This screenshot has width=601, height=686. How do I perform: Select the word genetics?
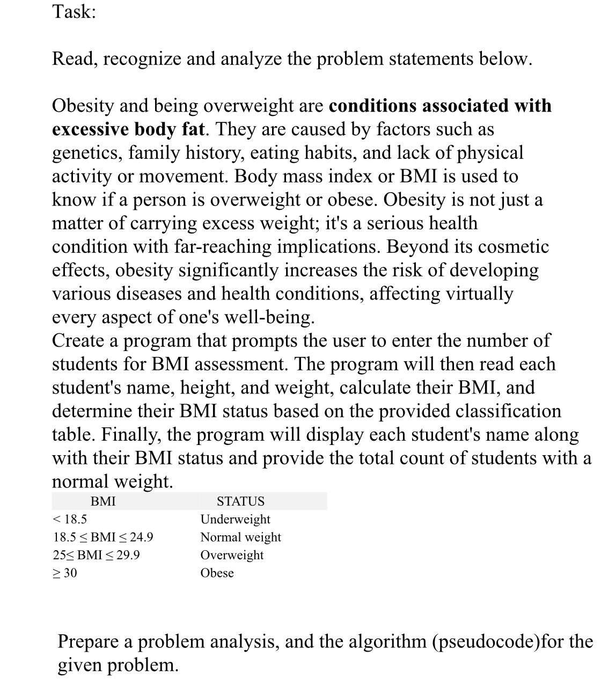pyautogui.click(x=86, y=153)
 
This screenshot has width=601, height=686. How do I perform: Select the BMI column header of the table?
pyautogui.click(x=103, y=501)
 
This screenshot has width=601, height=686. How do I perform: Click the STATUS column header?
pyautogui.click(x=240, y=501)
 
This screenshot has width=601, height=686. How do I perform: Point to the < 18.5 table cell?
pyautogui.click(x=70, y=519)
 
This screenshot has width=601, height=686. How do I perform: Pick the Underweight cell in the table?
pyautogui.click(x=235, y=519)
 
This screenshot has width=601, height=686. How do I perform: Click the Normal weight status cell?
pyautogui.click(x=240, y=537)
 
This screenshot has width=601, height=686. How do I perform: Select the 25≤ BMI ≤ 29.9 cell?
pyautogui.click(x=96, y=554)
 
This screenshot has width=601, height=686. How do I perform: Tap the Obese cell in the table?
pyautogui.click(x=217, y=573)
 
